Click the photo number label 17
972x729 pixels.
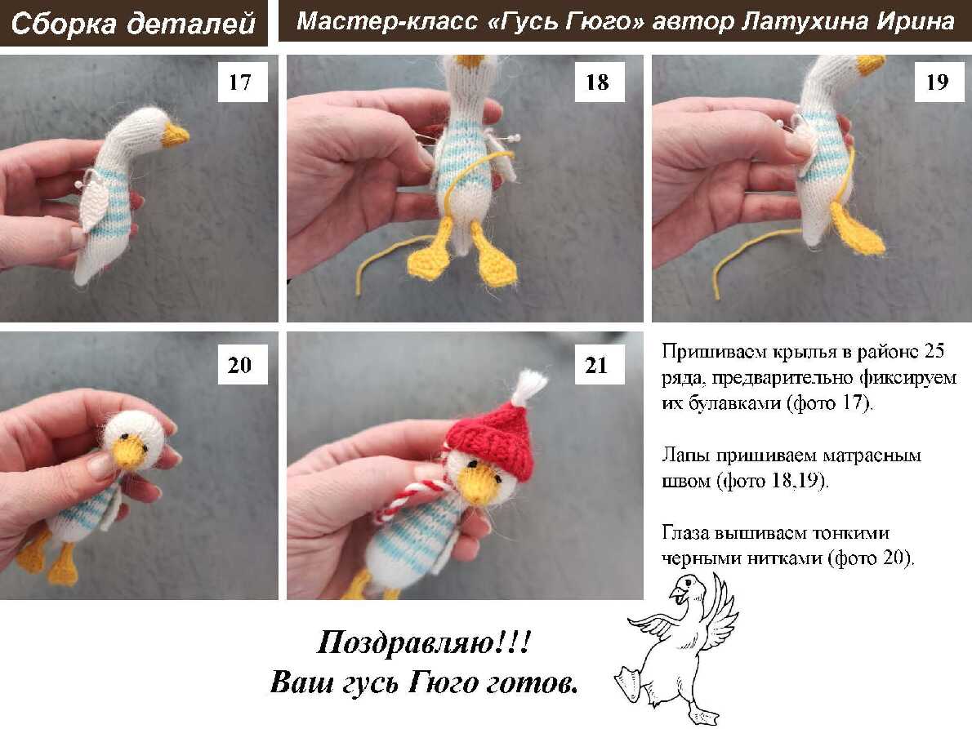(243, 82)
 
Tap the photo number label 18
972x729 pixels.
(599, 82)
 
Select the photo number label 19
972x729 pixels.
(939, 82)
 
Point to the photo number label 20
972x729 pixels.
(243, 364)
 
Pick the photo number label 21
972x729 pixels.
(599, 364)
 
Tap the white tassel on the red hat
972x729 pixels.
(530, 386)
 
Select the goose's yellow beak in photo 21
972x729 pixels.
(477, 485)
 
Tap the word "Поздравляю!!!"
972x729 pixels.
(424, 642)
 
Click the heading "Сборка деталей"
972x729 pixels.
(133, 23)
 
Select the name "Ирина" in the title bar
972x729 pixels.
(916, 21)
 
